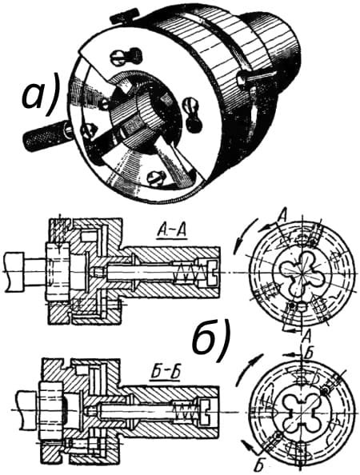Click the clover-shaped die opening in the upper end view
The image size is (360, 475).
[x=302, y=270]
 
